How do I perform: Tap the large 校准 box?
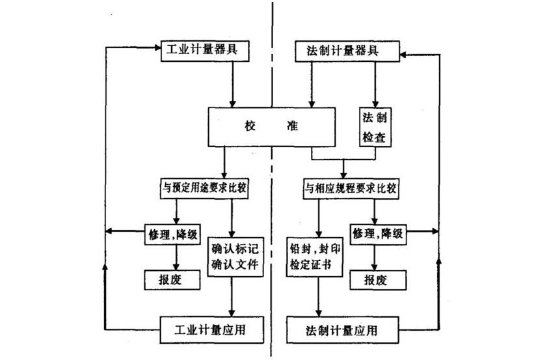point(273,126)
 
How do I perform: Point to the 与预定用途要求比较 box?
point(206,189)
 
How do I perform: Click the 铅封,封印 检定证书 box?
point(315,256)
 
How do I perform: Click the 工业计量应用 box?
point(212,329)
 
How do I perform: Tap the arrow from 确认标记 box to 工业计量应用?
point(232,296)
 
